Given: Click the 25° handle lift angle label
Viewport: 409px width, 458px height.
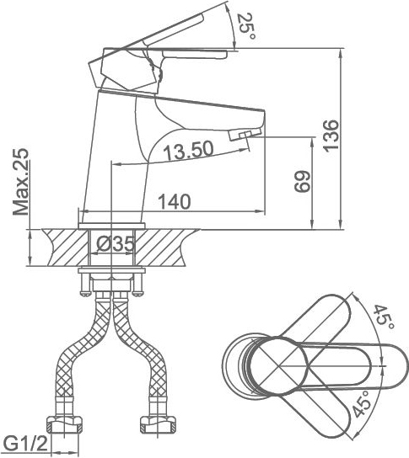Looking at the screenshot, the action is tap(246, 27).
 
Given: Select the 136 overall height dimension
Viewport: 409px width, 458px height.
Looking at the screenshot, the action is tap(331, 136).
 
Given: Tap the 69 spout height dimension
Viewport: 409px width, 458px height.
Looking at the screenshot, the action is tap(302, 181).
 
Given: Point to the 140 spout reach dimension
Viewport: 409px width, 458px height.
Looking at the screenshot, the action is tap(174, 201).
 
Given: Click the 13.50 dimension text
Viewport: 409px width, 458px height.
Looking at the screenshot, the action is tap(188, 151).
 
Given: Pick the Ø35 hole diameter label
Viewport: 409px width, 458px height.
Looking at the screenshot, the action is tap(116, 244).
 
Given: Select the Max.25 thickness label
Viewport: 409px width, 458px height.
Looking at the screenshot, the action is tap(21, 182).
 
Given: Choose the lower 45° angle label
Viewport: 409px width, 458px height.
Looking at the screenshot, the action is tap(362, 404).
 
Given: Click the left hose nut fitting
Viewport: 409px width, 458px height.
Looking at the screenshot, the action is tap(65, 425).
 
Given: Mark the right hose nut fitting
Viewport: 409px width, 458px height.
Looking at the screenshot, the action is tap(158, 425).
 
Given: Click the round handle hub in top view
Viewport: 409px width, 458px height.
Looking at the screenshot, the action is tap(279, 365).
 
